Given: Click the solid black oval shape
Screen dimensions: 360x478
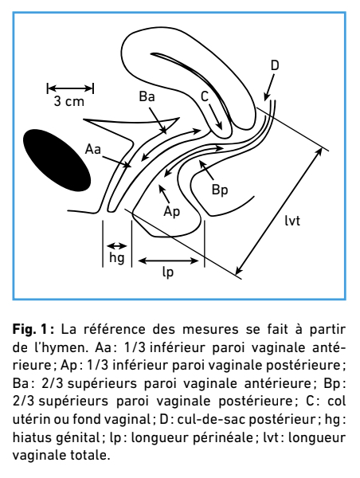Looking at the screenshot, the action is [57, 160].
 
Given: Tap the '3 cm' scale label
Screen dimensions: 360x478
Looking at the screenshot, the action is [69, 101].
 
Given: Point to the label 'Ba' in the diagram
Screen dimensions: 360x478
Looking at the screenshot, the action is [147, 96].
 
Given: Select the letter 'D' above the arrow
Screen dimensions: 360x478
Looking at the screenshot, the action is [275, 65].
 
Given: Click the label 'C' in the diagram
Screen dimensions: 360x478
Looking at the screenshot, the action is [205, 96].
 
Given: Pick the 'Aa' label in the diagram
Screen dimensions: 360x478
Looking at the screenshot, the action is [93, 150].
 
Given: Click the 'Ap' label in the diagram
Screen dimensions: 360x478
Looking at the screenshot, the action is [172, 212].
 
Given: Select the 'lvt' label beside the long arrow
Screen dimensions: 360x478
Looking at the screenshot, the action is [292, 220].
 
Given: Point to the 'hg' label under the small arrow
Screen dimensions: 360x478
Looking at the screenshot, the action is [117, 258].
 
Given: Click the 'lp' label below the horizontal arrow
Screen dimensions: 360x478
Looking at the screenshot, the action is [168, 272].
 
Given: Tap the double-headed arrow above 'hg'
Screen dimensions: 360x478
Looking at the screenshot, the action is [117, 245].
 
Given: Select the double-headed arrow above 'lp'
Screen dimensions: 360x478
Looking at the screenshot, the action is [168, 261].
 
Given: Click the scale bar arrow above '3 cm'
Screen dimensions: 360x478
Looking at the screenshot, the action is [70, 88].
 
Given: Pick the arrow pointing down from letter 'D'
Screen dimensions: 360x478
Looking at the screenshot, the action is [269, 87].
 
